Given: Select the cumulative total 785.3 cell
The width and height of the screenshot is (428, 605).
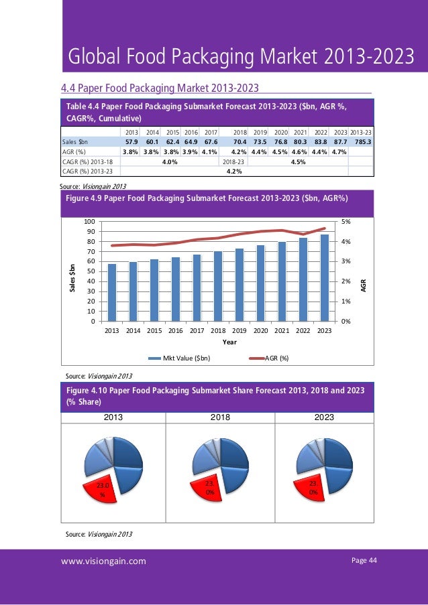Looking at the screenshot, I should pyautogui.click(x=363, y=142).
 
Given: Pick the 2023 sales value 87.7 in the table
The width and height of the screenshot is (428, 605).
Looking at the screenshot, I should pyautogui.click(x=340, y=142).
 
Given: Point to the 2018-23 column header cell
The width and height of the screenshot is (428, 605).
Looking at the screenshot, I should pyautogui.click(x=234, y=161).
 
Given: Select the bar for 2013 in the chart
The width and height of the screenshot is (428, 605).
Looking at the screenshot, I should pyautogui.click(x=112, y=292).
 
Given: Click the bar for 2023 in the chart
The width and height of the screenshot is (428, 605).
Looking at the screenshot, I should pyautogui.click(x=325, y=277).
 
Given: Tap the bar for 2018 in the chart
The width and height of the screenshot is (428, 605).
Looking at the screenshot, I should pyautogui.click(x=218, y=286).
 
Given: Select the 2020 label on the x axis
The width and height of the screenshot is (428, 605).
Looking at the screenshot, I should pyautogui.click(x=260, y=330).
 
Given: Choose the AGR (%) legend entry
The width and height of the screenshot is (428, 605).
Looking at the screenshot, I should pyautogui.click(x=277, y=358).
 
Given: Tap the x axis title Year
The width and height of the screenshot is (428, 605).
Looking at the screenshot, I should pyautogui.click(x=229, y=342).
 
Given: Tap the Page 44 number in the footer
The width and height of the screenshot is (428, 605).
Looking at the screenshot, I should pyautogui.click(x=365, y=560).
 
